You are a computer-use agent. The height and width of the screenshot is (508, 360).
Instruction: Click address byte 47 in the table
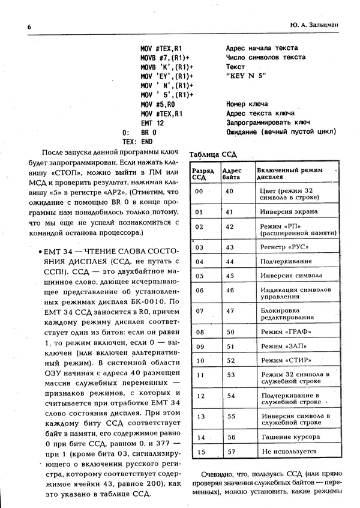(x=229, y=311)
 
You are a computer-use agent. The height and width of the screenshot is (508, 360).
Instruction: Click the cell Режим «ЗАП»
(x=280, y=346)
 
